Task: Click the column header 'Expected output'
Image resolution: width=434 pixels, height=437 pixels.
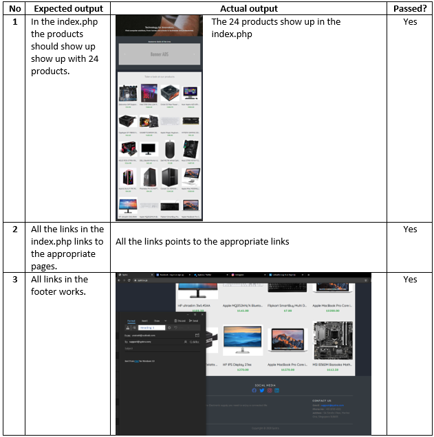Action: [x=68, y=8]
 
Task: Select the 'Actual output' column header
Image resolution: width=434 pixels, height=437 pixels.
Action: [x=248, y=8]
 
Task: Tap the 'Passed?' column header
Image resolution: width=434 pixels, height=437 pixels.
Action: [x=410, y=8]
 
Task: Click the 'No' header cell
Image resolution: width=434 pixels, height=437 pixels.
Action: [x=15, y=8]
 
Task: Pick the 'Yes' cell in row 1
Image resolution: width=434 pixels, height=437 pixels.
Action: [x=410, y=21]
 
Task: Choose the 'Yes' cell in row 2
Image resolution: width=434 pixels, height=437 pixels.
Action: [x=410, y=229]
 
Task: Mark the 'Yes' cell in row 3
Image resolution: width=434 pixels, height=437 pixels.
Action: [x=410, y=280]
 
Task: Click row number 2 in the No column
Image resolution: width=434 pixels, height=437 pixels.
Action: [x=15, y=229]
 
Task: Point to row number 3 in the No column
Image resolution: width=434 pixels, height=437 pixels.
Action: [x=15, y=280]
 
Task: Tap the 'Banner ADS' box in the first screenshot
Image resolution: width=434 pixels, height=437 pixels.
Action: [x=159, y=54]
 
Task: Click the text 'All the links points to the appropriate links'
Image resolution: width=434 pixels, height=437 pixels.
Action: [x=202, y=242]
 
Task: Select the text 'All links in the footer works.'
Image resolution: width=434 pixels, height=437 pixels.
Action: [x=60, y=285]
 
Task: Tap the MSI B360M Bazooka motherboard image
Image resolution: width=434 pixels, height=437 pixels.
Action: [x=333, y=340]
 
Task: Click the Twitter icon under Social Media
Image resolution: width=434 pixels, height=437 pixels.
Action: [x=261, y=391]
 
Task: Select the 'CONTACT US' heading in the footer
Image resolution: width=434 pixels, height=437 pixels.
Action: [x=322, y=400]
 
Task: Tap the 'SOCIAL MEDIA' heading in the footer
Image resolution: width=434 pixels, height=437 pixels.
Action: [x=265, y=385]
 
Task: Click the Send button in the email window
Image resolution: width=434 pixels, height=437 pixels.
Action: [x=194, y=321]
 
